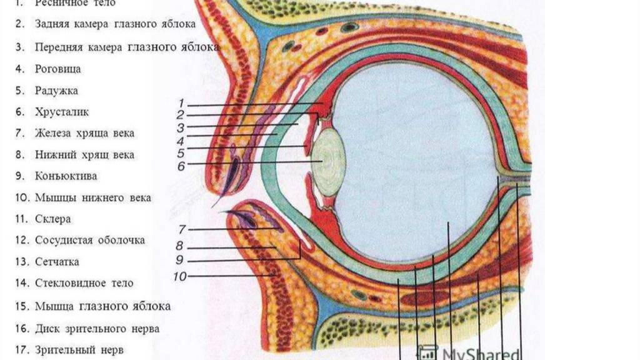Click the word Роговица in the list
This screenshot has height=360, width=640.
click(57, 69)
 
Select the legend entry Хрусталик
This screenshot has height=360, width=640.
click(62, 112)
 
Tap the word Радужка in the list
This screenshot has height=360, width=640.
click(56, 91)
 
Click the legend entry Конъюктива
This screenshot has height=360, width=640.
click(66, 176)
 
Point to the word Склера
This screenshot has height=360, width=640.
click(52, 219)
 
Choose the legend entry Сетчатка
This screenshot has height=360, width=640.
click(57, 262)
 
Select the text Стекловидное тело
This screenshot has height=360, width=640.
click(84, 283)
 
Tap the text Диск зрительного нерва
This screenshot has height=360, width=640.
click(97, 328)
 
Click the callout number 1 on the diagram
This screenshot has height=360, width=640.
click(181, 103)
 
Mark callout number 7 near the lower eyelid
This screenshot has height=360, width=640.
click(182, 229)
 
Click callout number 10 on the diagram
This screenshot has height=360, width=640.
click(179, 275)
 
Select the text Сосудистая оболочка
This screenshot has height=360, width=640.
click(90, 240)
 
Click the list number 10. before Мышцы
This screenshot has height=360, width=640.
click(24, 198)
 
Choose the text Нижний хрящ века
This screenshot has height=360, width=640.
click(84, 154)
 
